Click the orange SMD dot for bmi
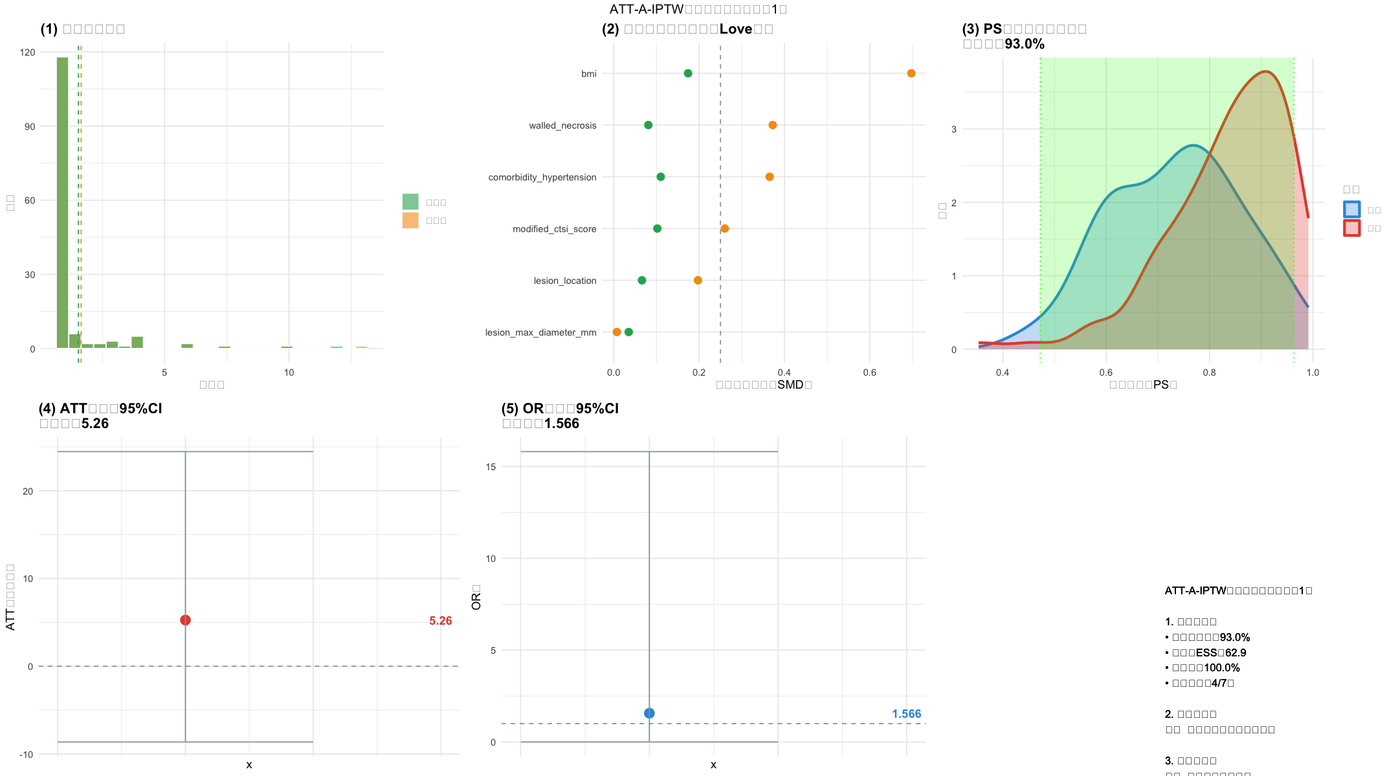coord(911,74)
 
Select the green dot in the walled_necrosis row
coord(648,125)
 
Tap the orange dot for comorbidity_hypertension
coord(769,177)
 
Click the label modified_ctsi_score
coord(554,229)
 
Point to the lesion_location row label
coord(564,281)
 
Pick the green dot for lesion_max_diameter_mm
coord(628,332)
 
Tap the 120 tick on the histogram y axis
coord(28,52)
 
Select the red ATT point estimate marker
coord(185,620)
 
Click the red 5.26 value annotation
coord(440,621)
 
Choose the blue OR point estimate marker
coord(649,713)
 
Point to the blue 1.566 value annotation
coord(906,714)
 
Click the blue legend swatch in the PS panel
coord(1351,210)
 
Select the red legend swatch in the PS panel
coord(1351,228)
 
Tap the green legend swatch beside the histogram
coord(410,202)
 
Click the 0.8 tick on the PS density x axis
coord(1209,372)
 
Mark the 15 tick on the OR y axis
coord(491,467)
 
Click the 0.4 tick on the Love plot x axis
coord(784,372)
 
